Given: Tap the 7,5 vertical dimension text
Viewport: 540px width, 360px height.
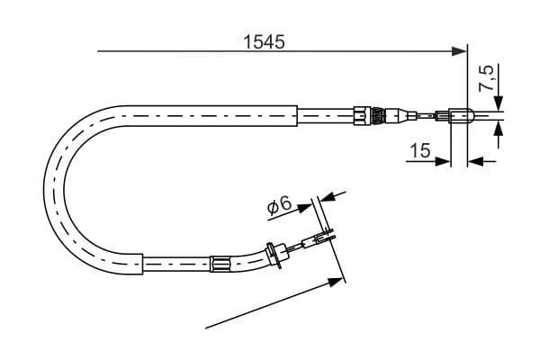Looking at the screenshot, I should click(487, 77).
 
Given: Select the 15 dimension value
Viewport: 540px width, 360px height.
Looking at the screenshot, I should click(419, 150).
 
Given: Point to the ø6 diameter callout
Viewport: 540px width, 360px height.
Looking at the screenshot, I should click(279, 206).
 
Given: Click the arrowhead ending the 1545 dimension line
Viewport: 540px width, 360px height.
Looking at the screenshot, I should click(460, 51).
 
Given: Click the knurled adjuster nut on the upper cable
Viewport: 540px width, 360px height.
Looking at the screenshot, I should click(364, 114).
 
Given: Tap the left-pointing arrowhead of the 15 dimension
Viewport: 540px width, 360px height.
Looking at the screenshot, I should click(476, 162).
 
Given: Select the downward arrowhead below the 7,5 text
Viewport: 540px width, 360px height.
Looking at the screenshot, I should click(499, 103).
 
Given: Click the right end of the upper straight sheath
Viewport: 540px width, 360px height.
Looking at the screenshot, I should click(296, 114).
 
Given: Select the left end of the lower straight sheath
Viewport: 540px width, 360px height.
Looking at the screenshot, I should click(147, 265).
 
